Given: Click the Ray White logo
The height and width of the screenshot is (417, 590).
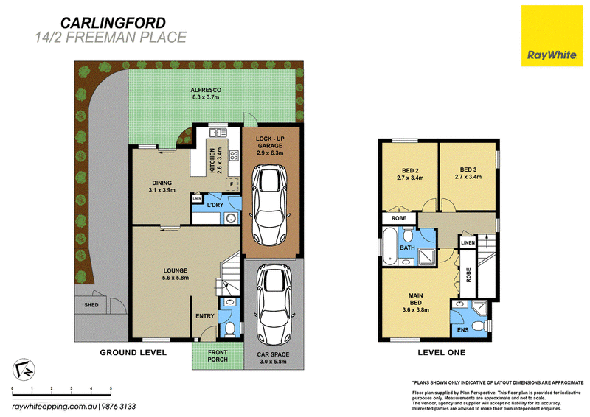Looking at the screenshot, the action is coord(552,36).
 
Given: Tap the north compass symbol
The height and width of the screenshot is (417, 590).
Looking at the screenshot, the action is coord(24,370).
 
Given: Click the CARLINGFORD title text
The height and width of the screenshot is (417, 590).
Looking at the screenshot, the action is coord(113,23).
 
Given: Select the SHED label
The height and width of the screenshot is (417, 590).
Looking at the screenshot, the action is coord(91,305).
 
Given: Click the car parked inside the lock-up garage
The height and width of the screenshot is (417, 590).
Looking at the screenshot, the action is coord(271,206).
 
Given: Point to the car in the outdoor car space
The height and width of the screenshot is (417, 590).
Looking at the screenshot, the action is coord(274,305).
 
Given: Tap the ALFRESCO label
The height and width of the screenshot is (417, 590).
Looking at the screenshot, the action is coord(206,90).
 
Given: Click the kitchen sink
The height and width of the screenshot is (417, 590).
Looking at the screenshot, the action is coord(218,133).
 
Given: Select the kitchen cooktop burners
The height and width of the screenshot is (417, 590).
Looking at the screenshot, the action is coord(234,155).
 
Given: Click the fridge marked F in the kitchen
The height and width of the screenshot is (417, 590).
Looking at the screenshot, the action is coord(232,184).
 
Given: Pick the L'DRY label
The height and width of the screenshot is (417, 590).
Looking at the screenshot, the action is coord(215,205).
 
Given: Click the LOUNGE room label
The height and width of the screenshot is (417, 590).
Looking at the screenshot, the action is coord(176,270).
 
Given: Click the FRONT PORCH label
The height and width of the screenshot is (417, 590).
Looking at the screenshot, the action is coord(218,356).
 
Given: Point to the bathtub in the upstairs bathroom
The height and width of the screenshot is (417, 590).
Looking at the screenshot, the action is coord(389,245).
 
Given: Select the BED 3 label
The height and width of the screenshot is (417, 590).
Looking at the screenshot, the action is coord(468,169).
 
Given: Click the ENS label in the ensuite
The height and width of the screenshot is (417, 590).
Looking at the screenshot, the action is coord(463,330).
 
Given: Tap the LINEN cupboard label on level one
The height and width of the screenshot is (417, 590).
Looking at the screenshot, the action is coord(468,242).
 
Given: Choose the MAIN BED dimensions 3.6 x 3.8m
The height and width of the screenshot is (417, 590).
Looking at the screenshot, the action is coord(416,310).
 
